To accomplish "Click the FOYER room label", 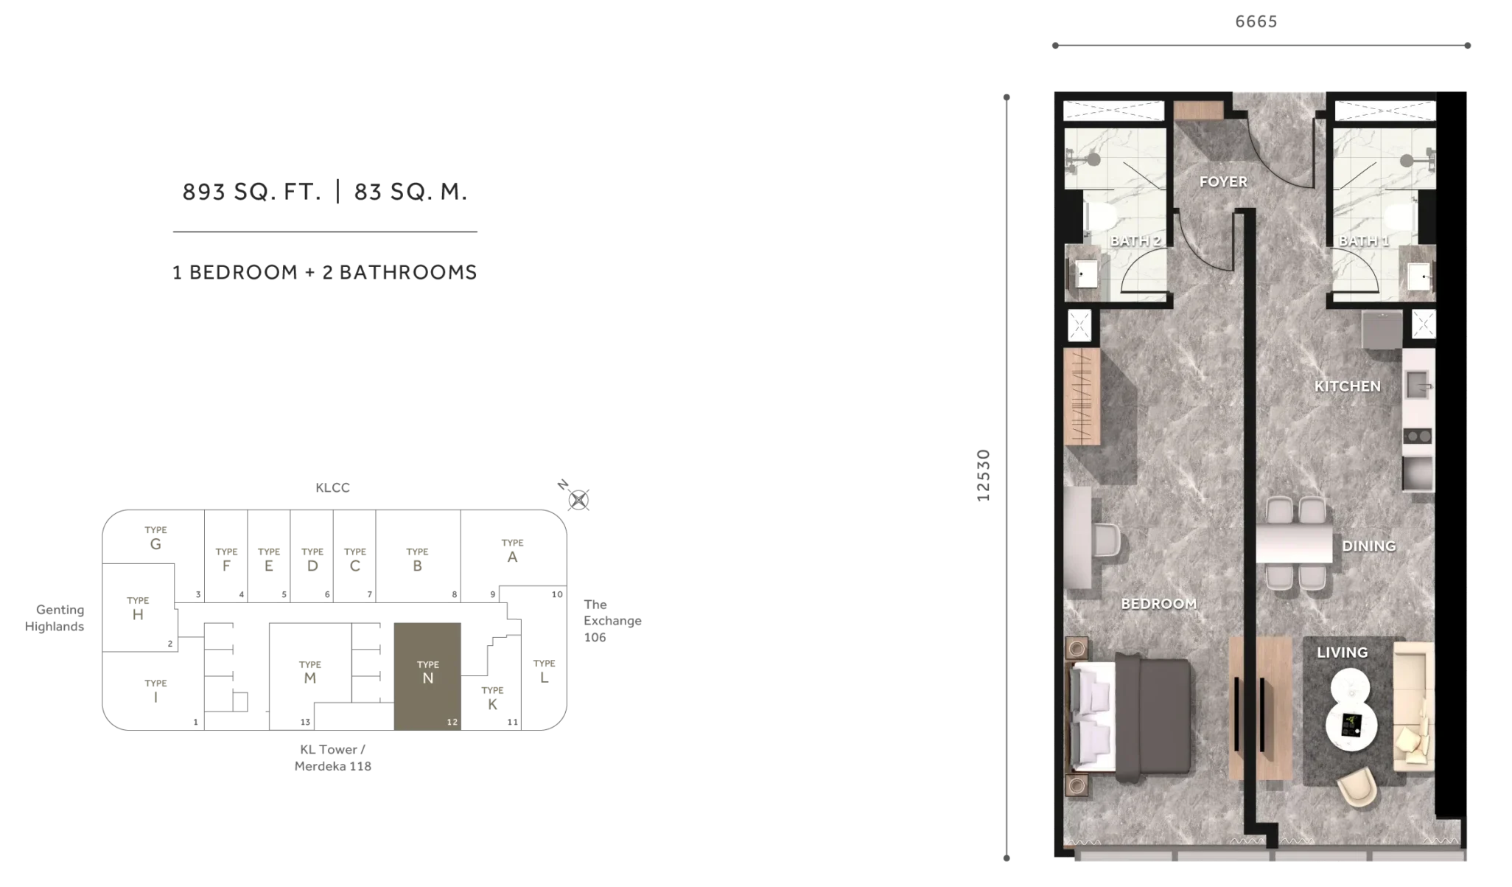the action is [x=1222, y=181].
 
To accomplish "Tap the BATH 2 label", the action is [x=1135, y=241].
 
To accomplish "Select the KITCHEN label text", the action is [x=1347, y=386].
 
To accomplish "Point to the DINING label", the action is [x=1368, y=546].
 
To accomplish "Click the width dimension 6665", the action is [x=1256, y=21].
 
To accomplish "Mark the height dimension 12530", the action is [x=983, y=476].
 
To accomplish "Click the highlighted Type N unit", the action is [x=427, y=676].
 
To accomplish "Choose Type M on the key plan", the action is [x=309, y=672].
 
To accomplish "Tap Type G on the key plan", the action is [x=155, y=539].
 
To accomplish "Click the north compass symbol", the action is [x=578, y=500].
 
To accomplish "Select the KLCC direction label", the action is [x=332, y=488].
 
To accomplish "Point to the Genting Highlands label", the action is [x=55, y=618].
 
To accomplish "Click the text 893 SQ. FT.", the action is [x=252, y=192].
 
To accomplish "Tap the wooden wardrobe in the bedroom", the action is [x=1082, y=397].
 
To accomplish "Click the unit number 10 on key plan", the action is [x=557, y=594].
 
